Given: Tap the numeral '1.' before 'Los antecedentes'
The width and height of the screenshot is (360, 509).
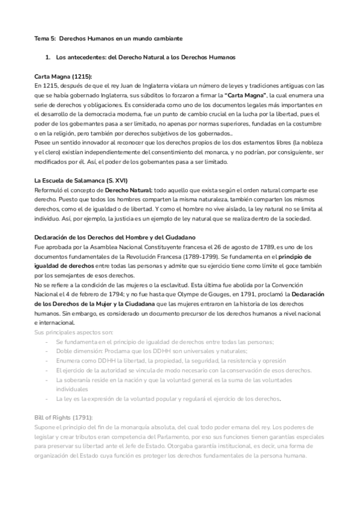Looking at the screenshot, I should pos(48,58).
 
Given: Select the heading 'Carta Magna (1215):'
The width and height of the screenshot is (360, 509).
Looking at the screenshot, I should pos(64,76).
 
